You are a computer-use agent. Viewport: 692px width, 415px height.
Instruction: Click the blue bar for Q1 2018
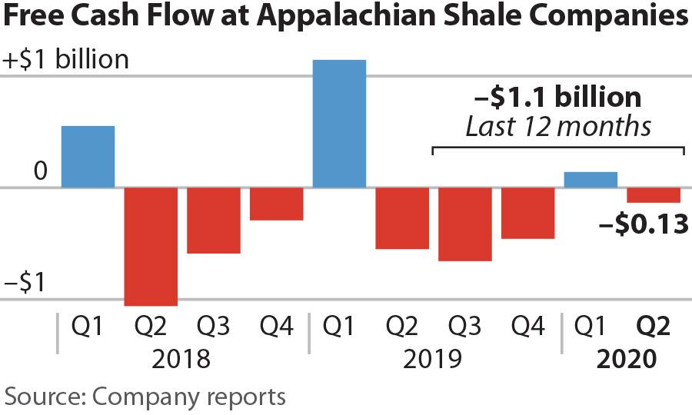[88, 157]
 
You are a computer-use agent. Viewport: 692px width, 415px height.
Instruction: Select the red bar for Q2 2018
[151, 246]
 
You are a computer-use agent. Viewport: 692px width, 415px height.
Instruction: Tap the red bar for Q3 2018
[214, 221]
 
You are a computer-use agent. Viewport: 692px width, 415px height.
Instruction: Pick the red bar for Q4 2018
[277, 204]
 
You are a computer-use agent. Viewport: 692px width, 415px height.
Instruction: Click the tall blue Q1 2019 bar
[339, 124]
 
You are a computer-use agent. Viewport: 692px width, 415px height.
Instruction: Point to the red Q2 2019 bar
[402, 218]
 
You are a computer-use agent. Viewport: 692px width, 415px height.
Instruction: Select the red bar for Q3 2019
[465, 224]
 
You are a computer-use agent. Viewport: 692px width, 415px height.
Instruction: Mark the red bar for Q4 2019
[528, 213]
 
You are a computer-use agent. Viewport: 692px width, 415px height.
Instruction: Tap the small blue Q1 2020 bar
[591, 180]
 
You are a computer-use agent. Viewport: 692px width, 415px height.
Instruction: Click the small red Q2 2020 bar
[654, 195]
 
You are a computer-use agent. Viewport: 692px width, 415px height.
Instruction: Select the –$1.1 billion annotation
[557, 98]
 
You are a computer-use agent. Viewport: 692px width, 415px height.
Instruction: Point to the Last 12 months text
[558, 126]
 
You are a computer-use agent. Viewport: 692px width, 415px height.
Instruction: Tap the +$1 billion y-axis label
[67, 60]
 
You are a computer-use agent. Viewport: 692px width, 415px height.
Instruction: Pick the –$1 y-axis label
[23, 284]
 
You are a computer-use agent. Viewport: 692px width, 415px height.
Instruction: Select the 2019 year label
[434, 359]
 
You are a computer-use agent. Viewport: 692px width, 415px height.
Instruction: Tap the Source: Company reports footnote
[145, 397]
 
